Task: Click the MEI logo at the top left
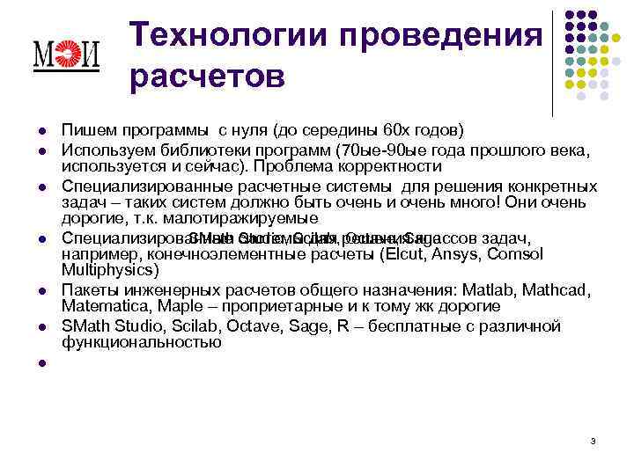[65, 55]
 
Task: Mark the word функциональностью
[141, 342]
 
